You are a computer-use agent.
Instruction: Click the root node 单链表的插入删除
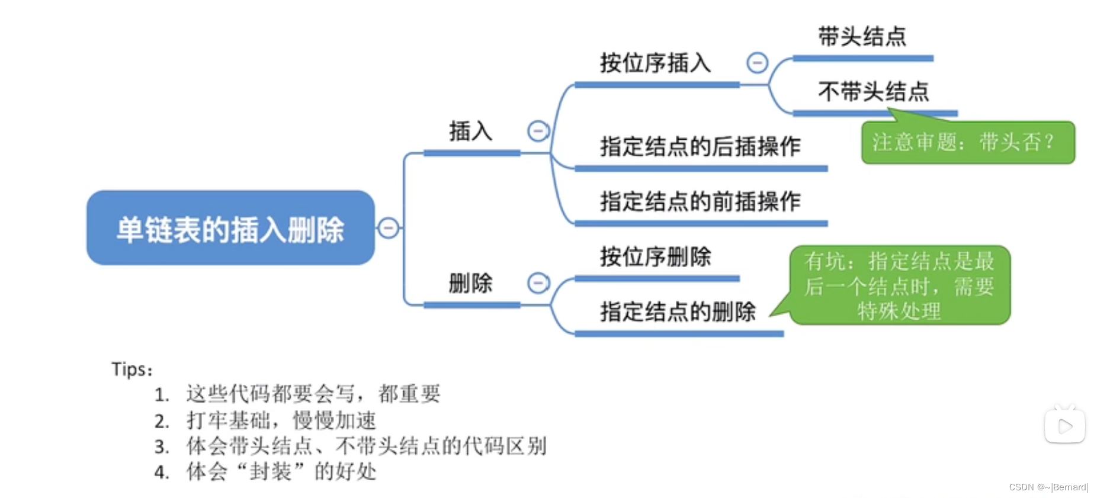pyautogui.click(x=230, y=228)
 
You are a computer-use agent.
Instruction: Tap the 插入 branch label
pyautogui.click(x=471, y=131)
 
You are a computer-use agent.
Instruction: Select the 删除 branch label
pyautogui.click(x=471, y=283)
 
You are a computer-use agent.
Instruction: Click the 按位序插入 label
pyautogui.click(x=655, y=63)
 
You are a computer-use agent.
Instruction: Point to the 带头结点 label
pyautogui.click(x=862, y=37)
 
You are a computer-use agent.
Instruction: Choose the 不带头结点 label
pyautogui.click(x=874, y=92)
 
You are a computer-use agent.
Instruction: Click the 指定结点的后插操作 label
pyautogui.click(x=700, y=146)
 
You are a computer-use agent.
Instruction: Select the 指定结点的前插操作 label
pyautogui.click(x=700, y=201)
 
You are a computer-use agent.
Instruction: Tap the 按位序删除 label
pyautogui.click(x=655, y=257)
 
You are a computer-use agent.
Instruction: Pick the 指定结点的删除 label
pyautogui.click(x=678, y=311)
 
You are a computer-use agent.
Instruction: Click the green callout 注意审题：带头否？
pyautogui.click(x=967, y=143)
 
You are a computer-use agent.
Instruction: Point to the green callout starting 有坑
pyautogui.click(x=899, y=285)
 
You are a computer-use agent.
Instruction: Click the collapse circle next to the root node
pyautogui.click(x=389, y=227)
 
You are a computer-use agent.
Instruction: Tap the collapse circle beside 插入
pyautogui.click(x=538, y=131)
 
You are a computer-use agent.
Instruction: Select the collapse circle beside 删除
pyautogui.click(x=538, y=283)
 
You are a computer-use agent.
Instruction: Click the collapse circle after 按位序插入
pyautogui.click(x=757, y=62)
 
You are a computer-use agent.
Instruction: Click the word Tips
pyautogui.click(x=131, y=370)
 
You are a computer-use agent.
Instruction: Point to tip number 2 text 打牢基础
pyautogui.click(x=281, y=420)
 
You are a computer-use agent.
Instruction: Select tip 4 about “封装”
pyautogui.click(x=281, y=472)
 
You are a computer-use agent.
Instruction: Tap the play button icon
pyautogui.click(x=1064, y=426)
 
